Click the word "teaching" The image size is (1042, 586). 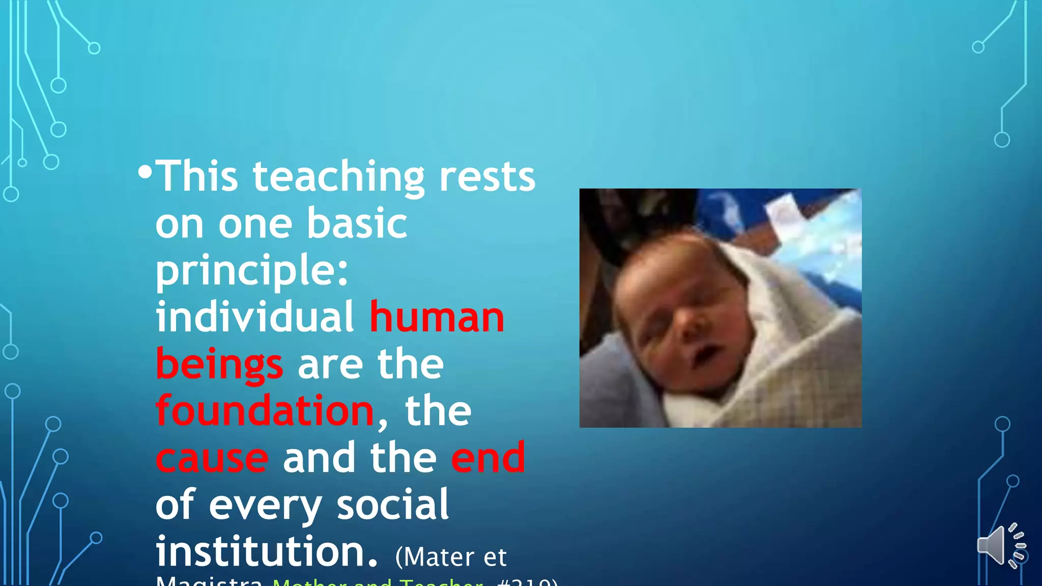pyautogui.click(x=338, y=178)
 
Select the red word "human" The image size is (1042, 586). pyautogui.click(x=437, y=317)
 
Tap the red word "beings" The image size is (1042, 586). pyautogui.click(x=219, y=365)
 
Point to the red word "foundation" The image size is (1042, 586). pyautogui.click(x=265, y=411)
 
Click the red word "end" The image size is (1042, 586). pyautogui.click(x=488, y=457)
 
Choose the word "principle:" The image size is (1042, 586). pyautogui.click(x=252, y=271)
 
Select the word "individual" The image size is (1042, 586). pyautogui.click(x=254, y=317)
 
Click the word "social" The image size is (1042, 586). pyautogui.click(x=392, y=505)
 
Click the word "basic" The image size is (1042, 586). pyautogui.click(x=357, y=223)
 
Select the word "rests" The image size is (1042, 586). pyautogui.click(x=487, y=178)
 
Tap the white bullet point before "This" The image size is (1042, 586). pyautogui.click(x=144, y=172)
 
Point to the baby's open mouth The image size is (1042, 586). pyautogui.click(x=705, y=355)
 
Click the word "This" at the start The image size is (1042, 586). pyautogui.click(x=196, y=177)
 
